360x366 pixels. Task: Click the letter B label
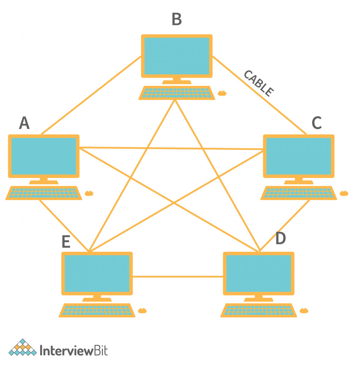coord(177,19)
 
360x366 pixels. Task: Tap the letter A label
coord(24,123)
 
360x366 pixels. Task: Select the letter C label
coord(316,123)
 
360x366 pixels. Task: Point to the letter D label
coord(281,239)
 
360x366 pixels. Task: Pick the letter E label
coord(66,242)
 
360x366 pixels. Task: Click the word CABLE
coord(258,83)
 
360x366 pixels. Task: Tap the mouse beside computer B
coord(222,93)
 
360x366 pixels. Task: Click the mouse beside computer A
coord(89,193)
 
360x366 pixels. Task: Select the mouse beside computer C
coord(344,193)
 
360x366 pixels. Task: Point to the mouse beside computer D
coord(304,311)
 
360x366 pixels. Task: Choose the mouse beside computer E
coord(142,311)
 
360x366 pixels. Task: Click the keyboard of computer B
coord(177,93)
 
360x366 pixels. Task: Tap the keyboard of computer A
coord(44,193)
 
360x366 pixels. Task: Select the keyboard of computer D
coord(258,310)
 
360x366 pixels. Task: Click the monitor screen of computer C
coord(299,156)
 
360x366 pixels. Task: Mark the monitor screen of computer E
coord(97,273)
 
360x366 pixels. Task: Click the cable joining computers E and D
coord(178,276)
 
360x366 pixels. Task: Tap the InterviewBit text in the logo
coord(74,350)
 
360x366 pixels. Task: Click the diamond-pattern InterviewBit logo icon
coord(23,348)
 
